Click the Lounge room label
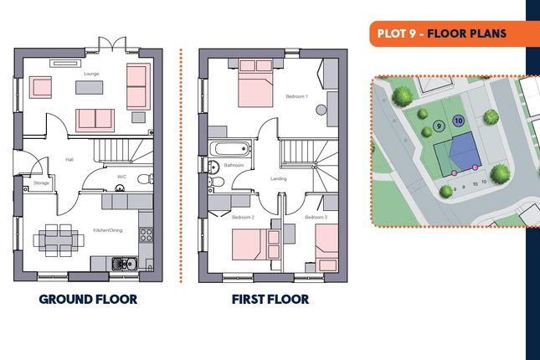[91, 74]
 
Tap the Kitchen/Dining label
[108, 230]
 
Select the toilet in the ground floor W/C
[146, 179]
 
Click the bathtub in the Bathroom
[230, 149]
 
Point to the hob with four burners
[146, 235]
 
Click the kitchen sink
[124, 265]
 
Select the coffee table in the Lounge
[90, 87]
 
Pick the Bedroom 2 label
[243, 218]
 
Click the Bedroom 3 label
[316, 218]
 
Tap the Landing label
[279, 179]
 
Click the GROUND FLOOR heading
[88, 300]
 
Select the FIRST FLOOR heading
[270, 300]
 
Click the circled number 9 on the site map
[439, 126]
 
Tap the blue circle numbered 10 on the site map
[458, 121]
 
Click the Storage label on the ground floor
[41, 183]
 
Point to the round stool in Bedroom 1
[321, 110]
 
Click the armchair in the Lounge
[40, 87]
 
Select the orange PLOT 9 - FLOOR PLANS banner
[455, 33]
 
